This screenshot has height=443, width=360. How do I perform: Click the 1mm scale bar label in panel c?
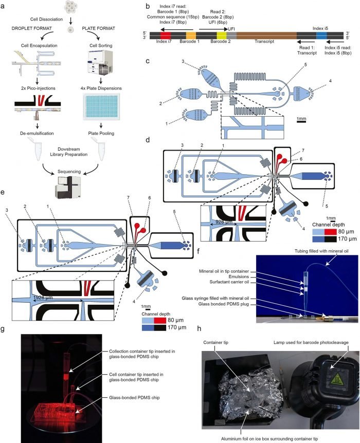tap(302, 119)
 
